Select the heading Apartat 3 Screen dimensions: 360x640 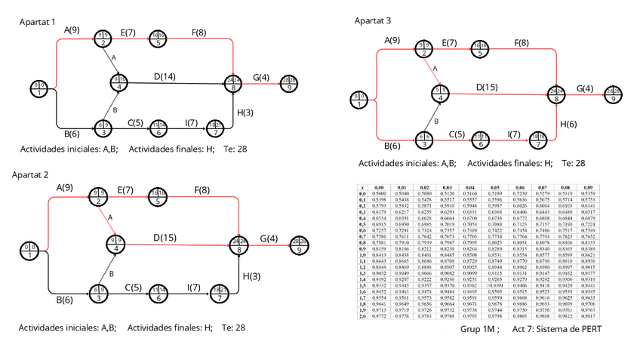pos(374,21)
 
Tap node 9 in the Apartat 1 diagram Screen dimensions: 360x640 pos(289,82)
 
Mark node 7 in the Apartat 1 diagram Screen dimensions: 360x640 pos(216,128)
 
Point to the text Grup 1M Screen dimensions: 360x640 pos(478,331)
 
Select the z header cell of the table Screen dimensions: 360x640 pos(363,186)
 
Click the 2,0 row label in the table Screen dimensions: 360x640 pos(363,317)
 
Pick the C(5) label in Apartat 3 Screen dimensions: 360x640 pos(458,134)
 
